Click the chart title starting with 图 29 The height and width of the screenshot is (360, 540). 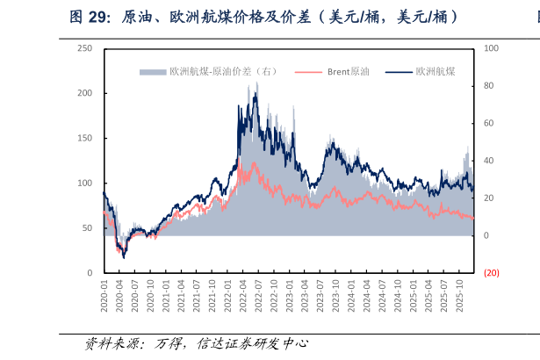pyautogui.click(x=263, y=17)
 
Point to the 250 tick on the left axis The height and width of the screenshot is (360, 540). pyautogui.click(x=85, y=48)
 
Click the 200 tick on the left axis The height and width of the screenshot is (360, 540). pyautogui.click(x=85, y=93)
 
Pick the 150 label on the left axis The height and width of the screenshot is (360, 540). pyautogui.click(x=85, y=138)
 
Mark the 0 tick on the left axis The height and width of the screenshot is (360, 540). pyautogui.click(x=90, y=273)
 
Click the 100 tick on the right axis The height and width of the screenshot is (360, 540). pyautogui.click(x=491, y=48)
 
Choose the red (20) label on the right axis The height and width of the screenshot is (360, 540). pyautogui.click(x=491, y=273)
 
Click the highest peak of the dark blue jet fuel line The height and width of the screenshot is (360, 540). pyautogui.click(x=256, y=84)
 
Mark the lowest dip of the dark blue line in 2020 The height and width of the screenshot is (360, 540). pyautogui.click(x=124, y=257)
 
